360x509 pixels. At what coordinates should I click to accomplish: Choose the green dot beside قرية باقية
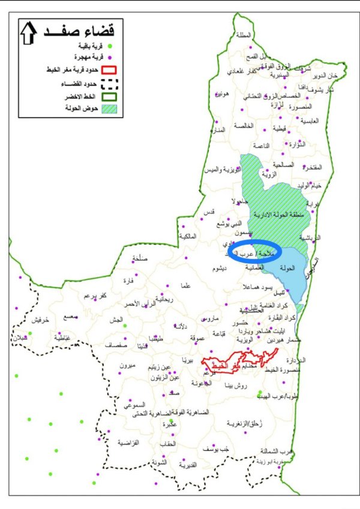pyautogui.click(x=110, y=46)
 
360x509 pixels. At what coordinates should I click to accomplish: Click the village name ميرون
pyautogui.click(x=128, y=366)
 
